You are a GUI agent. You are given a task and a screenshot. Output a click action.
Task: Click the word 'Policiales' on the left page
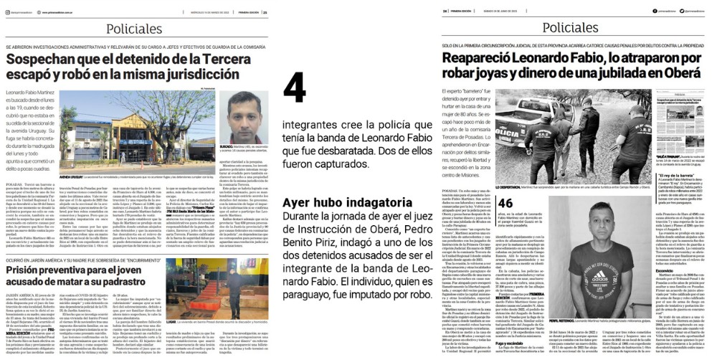(x=137, y=29)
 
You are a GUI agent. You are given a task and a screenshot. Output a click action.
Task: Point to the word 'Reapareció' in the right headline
(x=480, y=59)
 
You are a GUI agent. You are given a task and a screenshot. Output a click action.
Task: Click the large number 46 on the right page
(x=505, y=203)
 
